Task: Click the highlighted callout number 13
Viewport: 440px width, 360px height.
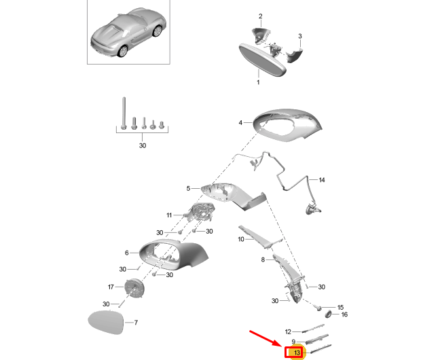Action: coord(297,353)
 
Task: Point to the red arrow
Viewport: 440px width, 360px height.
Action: coord(267,339)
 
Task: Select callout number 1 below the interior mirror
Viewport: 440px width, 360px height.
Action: coord(258,82)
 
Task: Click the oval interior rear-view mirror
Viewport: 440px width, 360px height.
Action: coord(262,60)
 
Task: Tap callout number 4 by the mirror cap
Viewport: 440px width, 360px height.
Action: coord(240,123)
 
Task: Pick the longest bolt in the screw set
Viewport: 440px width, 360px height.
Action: coord(124,113)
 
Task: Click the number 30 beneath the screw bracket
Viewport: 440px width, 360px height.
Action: coord(143,145)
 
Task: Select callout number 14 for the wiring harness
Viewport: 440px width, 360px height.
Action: coord(322,180)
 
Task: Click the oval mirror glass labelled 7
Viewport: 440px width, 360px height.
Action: coord(106,322)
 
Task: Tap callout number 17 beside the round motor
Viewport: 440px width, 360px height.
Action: coord(111,287)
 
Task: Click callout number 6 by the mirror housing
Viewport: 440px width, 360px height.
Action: coord(126,253)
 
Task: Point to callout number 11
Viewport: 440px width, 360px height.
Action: coord(169,215)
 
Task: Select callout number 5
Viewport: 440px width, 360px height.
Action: coord(188,188)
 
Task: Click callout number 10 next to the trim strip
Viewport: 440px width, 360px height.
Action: coord(241,239)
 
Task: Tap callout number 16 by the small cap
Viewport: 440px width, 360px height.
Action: coord(344,314)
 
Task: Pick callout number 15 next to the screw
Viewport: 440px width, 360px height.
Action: coord(340,308)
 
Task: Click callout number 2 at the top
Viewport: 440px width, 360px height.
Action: coord(261,16)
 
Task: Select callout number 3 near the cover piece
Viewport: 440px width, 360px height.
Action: coord(300,36)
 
